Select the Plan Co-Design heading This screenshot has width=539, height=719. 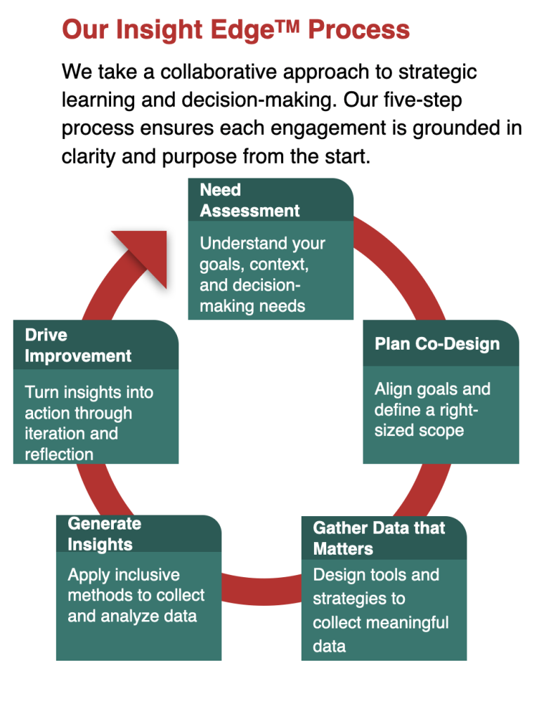(x=437, y=344)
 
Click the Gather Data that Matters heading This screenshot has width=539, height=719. (x=379, y=538)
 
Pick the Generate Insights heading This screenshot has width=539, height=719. (x=104, y=534)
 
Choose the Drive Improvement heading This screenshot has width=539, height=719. (x=78, y=345)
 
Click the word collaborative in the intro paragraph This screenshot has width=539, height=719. (x=223, y=72)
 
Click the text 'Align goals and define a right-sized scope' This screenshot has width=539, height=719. (x=432, y=409)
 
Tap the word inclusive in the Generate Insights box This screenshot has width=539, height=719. (x=144, y=574)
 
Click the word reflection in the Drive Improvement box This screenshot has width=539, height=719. (x=59, y=454)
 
